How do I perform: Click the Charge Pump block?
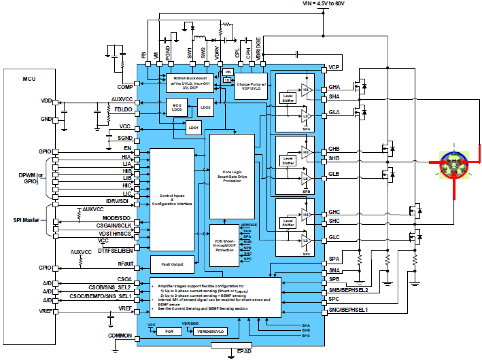(251, 86)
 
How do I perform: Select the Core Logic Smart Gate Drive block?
(232, 176)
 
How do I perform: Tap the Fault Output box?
(172, 264)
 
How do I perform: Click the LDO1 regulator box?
(193, 128)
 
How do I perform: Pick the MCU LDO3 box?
(177, 107)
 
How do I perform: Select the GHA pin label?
(334, 87)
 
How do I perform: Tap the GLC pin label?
(334, 238)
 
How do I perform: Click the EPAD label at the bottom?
(244, 351)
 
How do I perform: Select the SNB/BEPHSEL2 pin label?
(348, 291)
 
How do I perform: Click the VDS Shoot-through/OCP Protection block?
(224, 245)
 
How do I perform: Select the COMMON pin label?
(120, 335)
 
